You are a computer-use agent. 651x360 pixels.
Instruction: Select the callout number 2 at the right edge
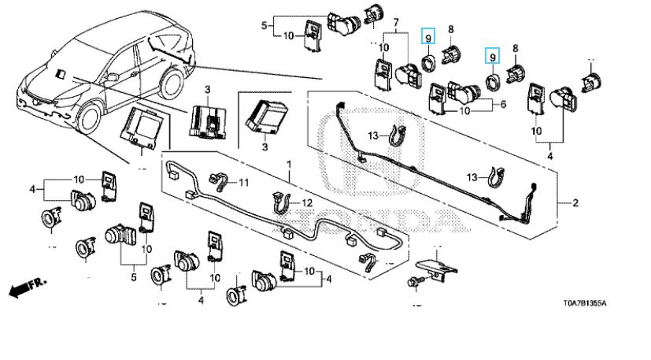pyautogui.click(x=575, y=204)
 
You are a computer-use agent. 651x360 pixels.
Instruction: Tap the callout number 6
pyautogui.click(x=503, y=105)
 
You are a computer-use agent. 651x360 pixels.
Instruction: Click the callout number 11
pyautogui.click(x=243, y=184)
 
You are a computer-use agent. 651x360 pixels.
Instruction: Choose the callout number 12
pyautogui.click(x=308, y=203)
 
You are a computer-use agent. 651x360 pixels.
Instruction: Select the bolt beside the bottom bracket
pyautogui.click(x=414, y=281)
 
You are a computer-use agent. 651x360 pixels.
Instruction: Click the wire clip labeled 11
pyautogui.click(x=220, y=183)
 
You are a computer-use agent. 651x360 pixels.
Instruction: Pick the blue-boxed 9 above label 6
pyautogui.click(x=492, y=56)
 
